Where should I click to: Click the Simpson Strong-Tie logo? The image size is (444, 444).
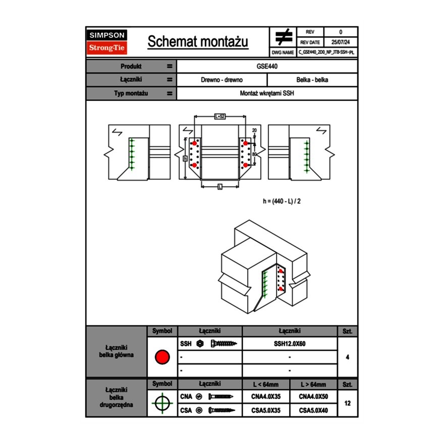coord(107,42)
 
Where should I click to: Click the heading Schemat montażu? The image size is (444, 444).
coord(198,42)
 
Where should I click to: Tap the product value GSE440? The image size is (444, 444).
coord(267,66)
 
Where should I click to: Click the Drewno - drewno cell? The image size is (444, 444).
coord(221,80)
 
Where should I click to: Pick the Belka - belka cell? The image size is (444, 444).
coord(312,80)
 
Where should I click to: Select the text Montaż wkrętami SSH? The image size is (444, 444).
coord(267,93)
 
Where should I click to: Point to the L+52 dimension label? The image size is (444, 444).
coord(219,116)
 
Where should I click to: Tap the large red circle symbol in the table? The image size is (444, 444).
coord(162,357)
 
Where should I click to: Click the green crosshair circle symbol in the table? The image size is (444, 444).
coord(162,403)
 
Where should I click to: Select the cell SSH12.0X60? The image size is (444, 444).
coord(290,344)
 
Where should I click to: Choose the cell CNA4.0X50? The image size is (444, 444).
coord(313,397)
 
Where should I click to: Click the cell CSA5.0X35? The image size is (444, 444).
coord(266,410)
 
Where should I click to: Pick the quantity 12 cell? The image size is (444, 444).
coord(347,403)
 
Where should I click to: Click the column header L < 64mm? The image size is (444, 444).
coord(266,384)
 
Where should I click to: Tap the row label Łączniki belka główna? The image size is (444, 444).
coord(117,351)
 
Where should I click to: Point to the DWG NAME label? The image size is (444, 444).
coord(283,52)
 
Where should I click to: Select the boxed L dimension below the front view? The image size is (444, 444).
coord(220,187)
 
